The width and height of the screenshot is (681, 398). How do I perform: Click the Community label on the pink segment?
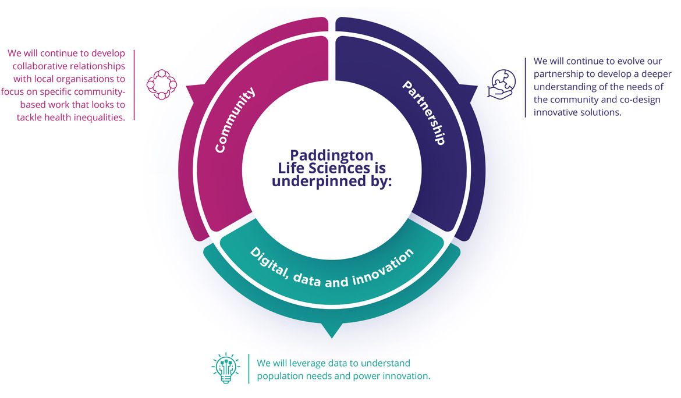coord(236,119)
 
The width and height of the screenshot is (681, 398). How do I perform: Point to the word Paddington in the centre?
coord(332,156)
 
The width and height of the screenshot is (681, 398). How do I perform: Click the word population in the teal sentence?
coord(280,376)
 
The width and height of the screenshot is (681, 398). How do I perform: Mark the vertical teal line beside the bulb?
coord(249,369)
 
